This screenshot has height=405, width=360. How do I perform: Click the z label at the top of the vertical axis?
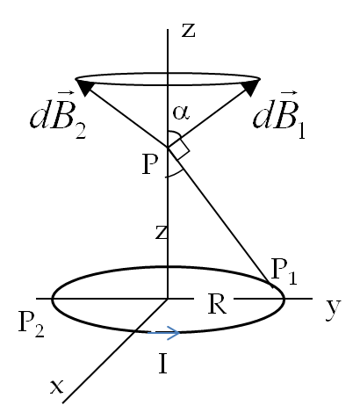point(188,31)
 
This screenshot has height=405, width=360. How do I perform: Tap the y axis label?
point(334,309)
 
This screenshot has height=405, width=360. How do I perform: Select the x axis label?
point(56,387)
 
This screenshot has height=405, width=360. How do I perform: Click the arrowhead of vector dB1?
point(251,87)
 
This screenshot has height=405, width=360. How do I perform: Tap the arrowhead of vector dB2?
point(84,87)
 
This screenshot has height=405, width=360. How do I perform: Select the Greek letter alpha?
point(181,113)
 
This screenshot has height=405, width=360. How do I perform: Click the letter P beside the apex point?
point(150,164)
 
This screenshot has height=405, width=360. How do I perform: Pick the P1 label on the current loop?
point(284,271)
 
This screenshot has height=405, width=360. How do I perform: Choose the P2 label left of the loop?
point(31,324)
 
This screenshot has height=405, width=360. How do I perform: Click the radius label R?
point(217,304)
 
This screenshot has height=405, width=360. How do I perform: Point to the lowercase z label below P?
point(161,233)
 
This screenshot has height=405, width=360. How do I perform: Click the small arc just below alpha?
point(176,134)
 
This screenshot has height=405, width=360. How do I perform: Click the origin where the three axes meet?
point(168,299)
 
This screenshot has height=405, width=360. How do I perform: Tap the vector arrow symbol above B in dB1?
point(288,93)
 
